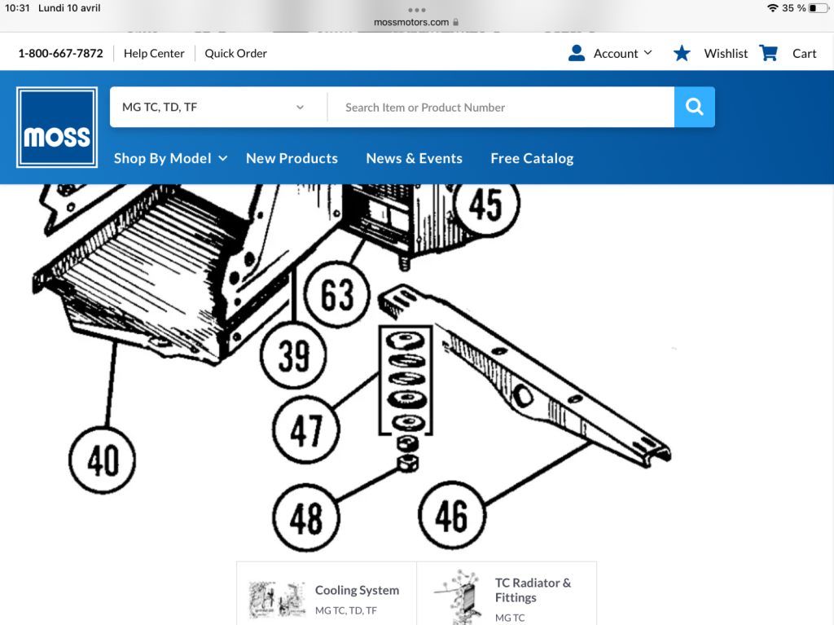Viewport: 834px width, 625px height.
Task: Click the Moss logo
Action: (x=57, y=127)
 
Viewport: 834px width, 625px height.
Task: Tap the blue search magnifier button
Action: (x=694, y=107)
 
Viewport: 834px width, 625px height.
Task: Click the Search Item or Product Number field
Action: (x=501, y=107)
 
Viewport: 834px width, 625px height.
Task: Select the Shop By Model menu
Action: (x=171, y=158)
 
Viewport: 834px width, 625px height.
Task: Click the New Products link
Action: (x=292, y=158)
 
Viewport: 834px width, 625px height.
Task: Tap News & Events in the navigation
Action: (x=415, y=158)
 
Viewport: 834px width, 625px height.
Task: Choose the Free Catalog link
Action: (x=532, y=158)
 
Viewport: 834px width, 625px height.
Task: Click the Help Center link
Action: (x=154, y=53)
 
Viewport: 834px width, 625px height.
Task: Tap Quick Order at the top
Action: (x=235, y=53)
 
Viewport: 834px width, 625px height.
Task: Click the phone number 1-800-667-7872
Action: (x=60, y=53)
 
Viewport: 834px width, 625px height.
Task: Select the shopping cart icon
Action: (x=769, y=53)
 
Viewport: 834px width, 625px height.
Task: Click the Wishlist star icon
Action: (x=682, y=53)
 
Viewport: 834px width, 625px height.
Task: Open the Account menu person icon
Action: (x=577, y=53)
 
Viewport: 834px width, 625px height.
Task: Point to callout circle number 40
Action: (x=102, y=460)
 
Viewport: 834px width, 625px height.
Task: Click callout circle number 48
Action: (x=306, y=517)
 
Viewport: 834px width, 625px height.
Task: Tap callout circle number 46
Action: (x=452, y=515)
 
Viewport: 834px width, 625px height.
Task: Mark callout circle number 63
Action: (x=337, y=294)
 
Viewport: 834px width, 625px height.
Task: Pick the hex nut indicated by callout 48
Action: (x=407, y=463)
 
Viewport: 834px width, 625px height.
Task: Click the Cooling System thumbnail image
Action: (x=277, y=599)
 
